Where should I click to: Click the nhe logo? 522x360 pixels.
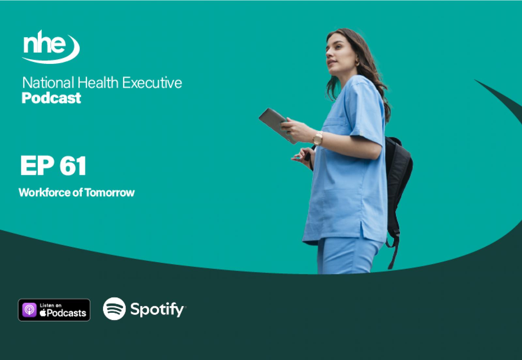point(51,47)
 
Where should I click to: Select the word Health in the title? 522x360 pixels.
point(98,83)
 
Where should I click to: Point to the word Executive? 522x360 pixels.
point(152,83)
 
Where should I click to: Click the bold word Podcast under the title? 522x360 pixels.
point(51,98)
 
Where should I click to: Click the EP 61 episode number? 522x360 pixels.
point(54,166)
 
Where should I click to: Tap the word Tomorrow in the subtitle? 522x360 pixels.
point(110,193)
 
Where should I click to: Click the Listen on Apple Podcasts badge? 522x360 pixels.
point(54,310)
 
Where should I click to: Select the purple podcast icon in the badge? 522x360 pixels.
point(29,310)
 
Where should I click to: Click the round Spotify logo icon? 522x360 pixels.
point(114,309)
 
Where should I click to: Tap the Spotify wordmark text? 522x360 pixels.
point(157,310)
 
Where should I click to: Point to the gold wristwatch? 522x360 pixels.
point(318,138)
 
